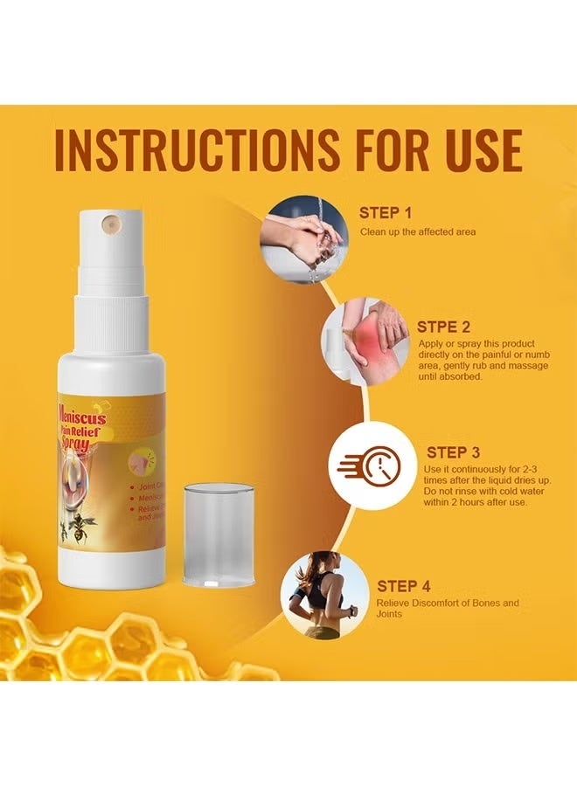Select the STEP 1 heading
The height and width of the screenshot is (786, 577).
tap(386, 212)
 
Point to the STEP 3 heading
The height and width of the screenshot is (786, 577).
tap(453, 452)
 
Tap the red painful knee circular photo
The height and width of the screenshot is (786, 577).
tap(365, 344)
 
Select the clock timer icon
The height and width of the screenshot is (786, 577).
tap(372, 465)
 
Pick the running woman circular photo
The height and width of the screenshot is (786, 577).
tap(322, 595)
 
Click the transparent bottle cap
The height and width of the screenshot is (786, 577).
tap(219, 534)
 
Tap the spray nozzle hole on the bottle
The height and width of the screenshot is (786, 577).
tap(111, 223)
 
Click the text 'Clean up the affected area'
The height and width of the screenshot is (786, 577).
tap(417, 232)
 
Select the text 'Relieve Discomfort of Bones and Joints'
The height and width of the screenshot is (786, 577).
tap(448, 609)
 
